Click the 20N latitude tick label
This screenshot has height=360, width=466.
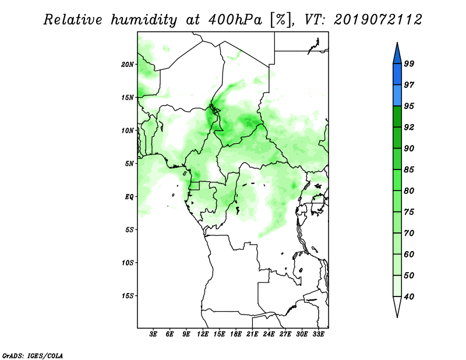pyautogui.click(x=128, y=65)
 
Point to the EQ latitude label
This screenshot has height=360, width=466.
pyautogui.click(x=129, y=197)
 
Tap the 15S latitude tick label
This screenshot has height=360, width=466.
pyautogui.click(x=128, y=296)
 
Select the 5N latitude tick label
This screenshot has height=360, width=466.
pyautogui.click(x=129, y=164)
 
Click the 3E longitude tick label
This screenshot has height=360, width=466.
pyautogui.click(x=153, y=334)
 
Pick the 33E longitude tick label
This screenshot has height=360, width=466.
pyautogui.click(x=318, y=334)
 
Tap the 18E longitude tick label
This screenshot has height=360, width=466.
pyautogui.click(x=236, y=334)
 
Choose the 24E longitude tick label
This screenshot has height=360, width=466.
pyautogui.click(x=269, y=334)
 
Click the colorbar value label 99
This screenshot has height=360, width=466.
pyautogui.click(x=409, y=63)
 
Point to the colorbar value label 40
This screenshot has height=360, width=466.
pyautogui.click(x=409, y=297)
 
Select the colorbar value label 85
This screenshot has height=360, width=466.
pyautogui.click(x=409, y=170)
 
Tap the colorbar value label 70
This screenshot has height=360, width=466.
pyautogui.click(x=409, y=233)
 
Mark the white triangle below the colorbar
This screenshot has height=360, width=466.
pyautogui.click(x=397, y=306)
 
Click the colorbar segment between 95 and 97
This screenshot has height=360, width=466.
pyautogui.click(x=397, y=96)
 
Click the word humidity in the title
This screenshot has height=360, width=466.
pyautogui.click(x=144, y=20)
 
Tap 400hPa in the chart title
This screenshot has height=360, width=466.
pyautogui.click(x=235, y=20)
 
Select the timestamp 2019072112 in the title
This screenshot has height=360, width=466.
pyautogui.click(x=377, y=20)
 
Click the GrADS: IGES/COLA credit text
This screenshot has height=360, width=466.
pyautogui.click(x=33, y=356)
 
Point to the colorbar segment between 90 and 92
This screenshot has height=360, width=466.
pyautogui.click(x=397, y=137)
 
